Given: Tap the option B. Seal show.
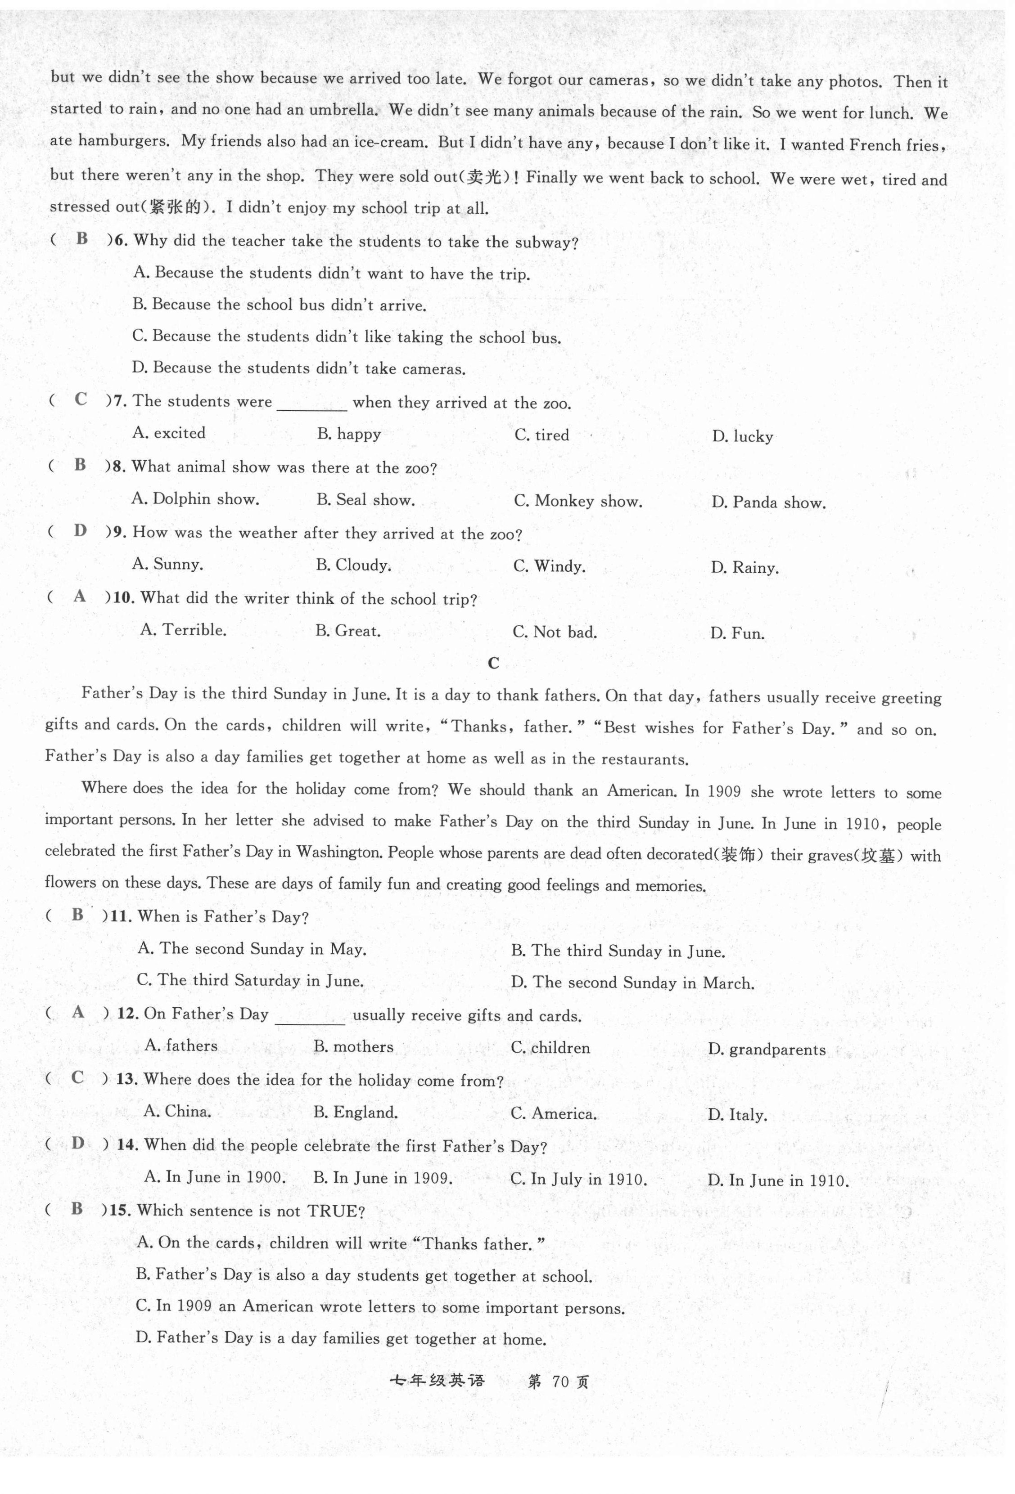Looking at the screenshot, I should pos(365,500).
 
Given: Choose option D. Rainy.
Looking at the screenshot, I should pos(744,568).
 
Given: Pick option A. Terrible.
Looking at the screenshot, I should pos(183,630).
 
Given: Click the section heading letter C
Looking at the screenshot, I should pos(493,664).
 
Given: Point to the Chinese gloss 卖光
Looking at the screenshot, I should pos(484,177).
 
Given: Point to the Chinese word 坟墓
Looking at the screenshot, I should pos(877,856).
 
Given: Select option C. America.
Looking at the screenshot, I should pos(553,1114).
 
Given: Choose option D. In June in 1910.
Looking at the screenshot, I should pos(778,1181).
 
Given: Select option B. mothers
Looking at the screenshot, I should pos(353,1046).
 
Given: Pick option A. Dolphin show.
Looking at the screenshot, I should pos(195,499).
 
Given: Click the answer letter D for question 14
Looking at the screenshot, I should pos(78,1143).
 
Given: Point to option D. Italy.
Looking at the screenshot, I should pos(737,1115).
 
